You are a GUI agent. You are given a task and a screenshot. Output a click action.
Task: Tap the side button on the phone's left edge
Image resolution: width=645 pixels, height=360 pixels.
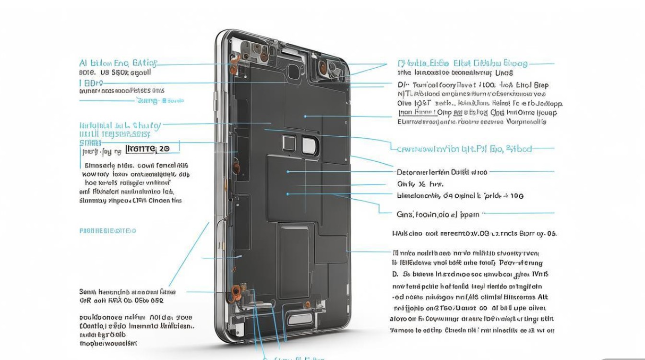click(x=216, y=101)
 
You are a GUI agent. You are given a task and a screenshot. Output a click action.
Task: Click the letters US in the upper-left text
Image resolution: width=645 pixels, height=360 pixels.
click(x=105, y=72)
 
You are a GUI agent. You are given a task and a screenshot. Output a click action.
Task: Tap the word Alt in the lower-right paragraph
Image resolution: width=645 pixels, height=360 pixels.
click(x=542, y=297)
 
